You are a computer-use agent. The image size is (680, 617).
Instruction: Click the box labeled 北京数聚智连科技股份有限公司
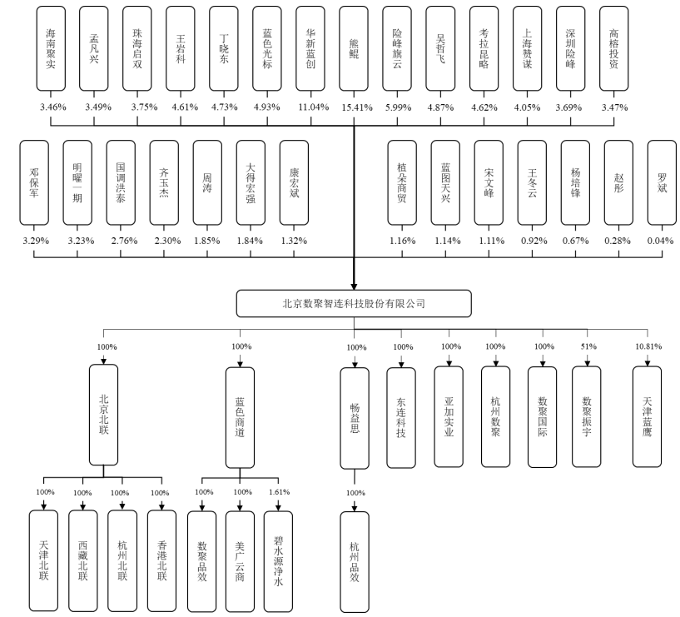(x=354, y=303)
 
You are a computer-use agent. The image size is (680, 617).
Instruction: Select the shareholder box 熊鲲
(x=354, y=48)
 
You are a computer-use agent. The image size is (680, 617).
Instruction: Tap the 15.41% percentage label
(x=357, y=107)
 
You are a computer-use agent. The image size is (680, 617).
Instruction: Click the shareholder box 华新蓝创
(x=310, y=48)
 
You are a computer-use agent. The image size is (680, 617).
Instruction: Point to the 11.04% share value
(x=314, y=107)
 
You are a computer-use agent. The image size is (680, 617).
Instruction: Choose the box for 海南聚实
(x=51, y=48)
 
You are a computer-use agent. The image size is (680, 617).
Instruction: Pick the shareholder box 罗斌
(x=662, y=182)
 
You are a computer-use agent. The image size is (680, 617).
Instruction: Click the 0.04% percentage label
(x=661, y=241)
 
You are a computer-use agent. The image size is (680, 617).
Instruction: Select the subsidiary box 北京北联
(x=104, y=415)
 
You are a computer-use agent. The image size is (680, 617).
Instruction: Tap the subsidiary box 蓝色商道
(x=240, y=417)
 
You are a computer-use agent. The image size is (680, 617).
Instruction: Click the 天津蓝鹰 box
(x=647, y=416)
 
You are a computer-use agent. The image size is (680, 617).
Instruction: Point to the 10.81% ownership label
(x=648, y=346)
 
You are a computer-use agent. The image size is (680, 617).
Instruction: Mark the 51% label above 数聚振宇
(x=588, y=346)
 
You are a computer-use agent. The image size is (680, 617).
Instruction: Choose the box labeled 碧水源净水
(x=278, y=561)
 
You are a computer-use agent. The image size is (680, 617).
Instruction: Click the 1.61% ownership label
(x=280, y=492)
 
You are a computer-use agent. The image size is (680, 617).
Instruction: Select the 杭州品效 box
(x=355, y=562)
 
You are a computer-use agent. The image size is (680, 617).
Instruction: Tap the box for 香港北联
(x=161, y=560)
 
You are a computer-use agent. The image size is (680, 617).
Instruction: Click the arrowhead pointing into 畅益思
(x=355, y=365)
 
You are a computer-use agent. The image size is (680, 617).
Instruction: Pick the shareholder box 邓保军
(x=34, y=182)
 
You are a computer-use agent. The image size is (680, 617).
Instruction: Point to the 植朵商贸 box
(x=402, y=182)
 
